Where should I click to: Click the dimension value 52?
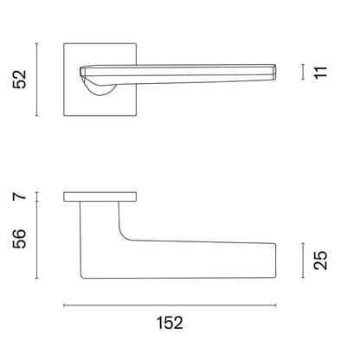click(20, 80)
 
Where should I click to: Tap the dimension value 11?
click(321, 72)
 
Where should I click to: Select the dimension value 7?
click(20, 196)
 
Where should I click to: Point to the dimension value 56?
click(20, 239)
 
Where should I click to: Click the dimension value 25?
click(321, 260)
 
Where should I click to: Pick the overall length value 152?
click(170, 323)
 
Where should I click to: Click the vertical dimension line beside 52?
click(36, 80)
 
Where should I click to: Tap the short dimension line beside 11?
click(303, 72)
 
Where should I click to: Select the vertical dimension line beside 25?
click(303, 260)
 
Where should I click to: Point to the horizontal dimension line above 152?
click(170, 305)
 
